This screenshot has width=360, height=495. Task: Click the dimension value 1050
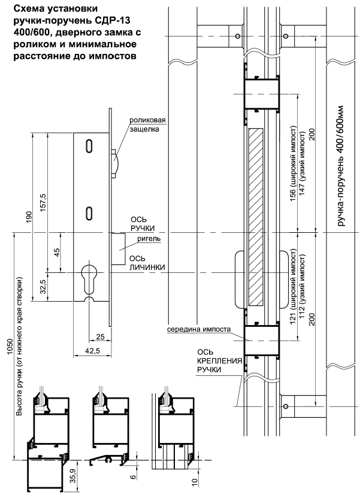(x=10, y=347)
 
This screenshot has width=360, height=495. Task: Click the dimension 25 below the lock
(x=100, y=337)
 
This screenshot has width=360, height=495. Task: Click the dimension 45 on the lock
(x=57, y=253)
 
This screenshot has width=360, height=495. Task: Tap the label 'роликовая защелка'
(x=147, y=124)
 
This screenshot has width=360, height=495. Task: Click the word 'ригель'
(x=149, y=239)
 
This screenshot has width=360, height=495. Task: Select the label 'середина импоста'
(x=199, y=329)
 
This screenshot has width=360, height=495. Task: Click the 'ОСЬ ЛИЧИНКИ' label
(x=147, y=263)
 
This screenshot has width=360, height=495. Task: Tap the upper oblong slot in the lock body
(x=89, y=146)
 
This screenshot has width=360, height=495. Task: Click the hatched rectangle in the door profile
(x=256, y=217)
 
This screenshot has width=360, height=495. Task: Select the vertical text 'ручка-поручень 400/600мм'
(x=340, y=166)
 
